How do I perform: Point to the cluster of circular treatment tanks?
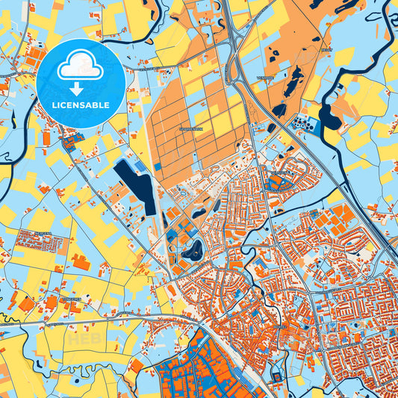point(303,122)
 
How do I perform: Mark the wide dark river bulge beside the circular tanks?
point(329,116)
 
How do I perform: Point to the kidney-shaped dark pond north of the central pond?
point(199,212)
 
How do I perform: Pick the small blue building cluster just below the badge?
point(72,138)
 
